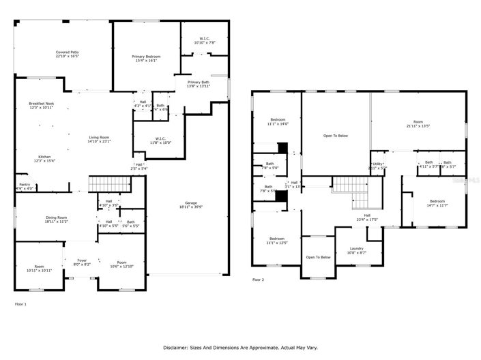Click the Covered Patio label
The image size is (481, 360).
coord(67,52)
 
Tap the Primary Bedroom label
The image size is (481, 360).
coord(146,56)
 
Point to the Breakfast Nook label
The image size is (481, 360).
coord(41,104)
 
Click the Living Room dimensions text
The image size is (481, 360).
coord(99,142)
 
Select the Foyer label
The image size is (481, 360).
coord(82,259)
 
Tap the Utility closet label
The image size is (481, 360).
coord(377,164)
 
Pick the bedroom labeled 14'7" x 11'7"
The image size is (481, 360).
coord(437,201)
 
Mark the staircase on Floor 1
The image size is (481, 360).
coord(109,183)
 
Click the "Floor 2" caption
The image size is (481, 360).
coord(259,280)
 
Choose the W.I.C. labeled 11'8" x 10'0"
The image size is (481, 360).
coord(162,139)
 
